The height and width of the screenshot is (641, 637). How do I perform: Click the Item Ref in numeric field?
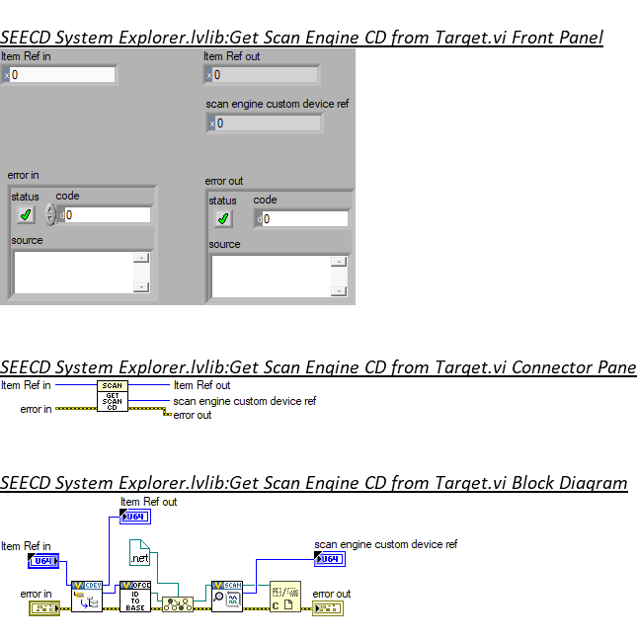(62, 75)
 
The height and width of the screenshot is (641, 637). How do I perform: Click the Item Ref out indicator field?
(265, 75)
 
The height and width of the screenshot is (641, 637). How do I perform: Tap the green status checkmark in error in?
(26, 214)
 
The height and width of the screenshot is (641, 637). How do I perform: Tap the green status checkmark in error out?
(223, 218)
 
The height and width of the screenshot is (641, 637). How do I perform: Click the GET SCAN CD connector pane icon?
(113, 398)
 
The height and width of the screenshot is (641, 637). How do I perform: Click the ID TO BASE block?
(135, 597)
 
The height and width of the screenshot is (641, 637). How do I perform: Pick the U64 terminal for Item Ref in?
(43, 561)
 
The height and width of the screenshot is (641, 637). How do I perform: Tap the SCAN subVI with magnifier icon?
(227, 597)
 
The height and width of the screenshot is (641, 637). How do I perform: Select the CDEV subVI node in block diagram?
(87, 597)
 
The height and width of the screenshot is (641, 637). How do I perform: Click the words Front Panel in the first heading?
(556, 39)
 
